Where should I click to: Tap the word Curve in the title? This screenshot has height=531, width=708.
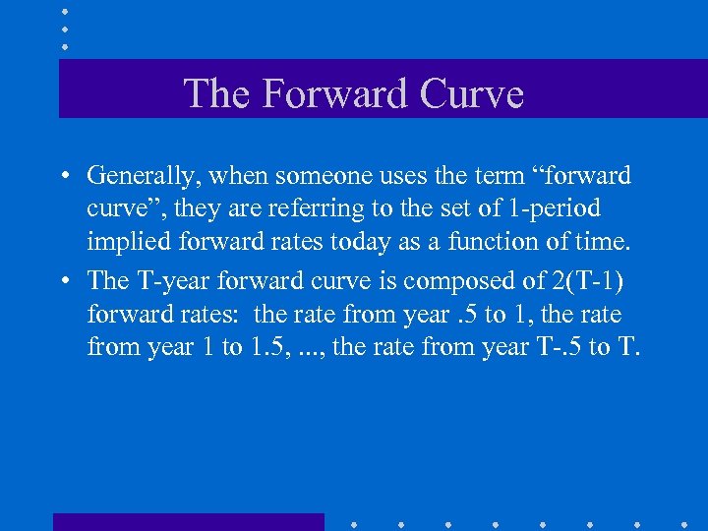pos(471,94)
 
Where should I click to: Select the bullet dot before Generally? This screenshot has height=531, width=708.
pos(62,177)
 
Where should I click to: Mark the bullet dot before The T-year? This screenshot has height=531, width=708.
pos(62,282)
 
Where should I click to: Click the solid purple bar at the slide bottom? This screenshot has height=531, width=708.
pos(188,522)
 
